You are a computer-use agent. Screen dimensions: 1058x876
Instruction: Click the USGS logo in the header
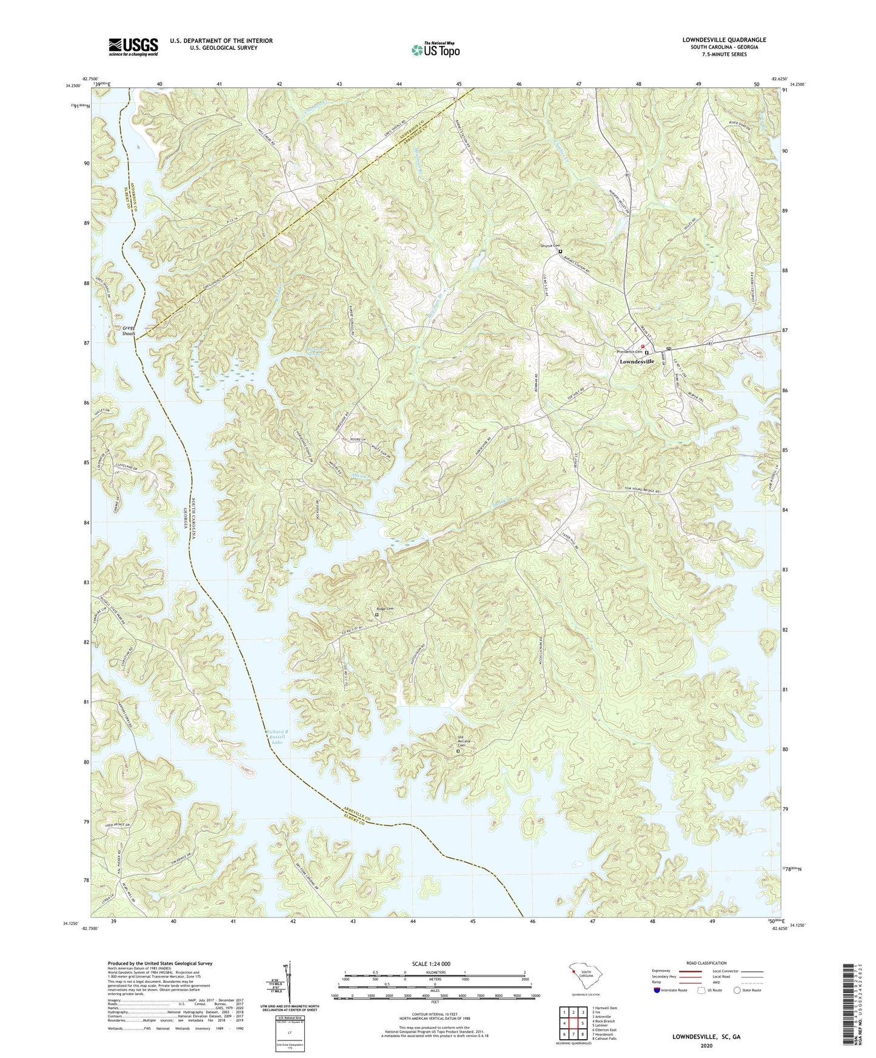click(x=133, y=47)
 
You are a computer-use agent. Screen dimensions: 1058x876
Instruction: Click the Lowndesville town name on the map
click(x=637, y=362)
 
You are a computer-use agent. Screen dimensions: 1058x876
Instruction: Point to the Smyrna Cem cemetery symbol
click(x=560, y=251)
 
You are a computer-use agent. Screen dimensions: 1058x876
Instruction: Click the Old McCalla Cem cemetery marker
click(x=458, y=751)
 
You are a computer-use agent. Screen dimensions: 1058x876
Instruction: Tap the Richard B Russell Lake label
click(x=276, y=736)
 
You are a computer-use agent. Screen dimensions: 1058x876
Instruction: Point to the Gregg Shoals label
click(x=129, y=330)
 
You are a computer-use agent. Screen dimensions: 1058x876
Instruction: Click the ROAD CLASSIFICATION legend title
click(x=706, y=963)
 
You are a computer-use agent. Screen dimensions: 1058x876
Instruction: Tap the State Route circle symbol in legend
click(x=737, y=990)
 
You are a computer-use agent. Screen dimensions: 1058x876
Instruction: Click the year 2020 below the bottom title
click(x=706, y=1045)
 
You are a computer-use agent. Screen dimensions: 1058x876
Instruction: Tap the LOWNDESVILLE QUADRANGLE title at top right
click(x=724, y=40)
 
